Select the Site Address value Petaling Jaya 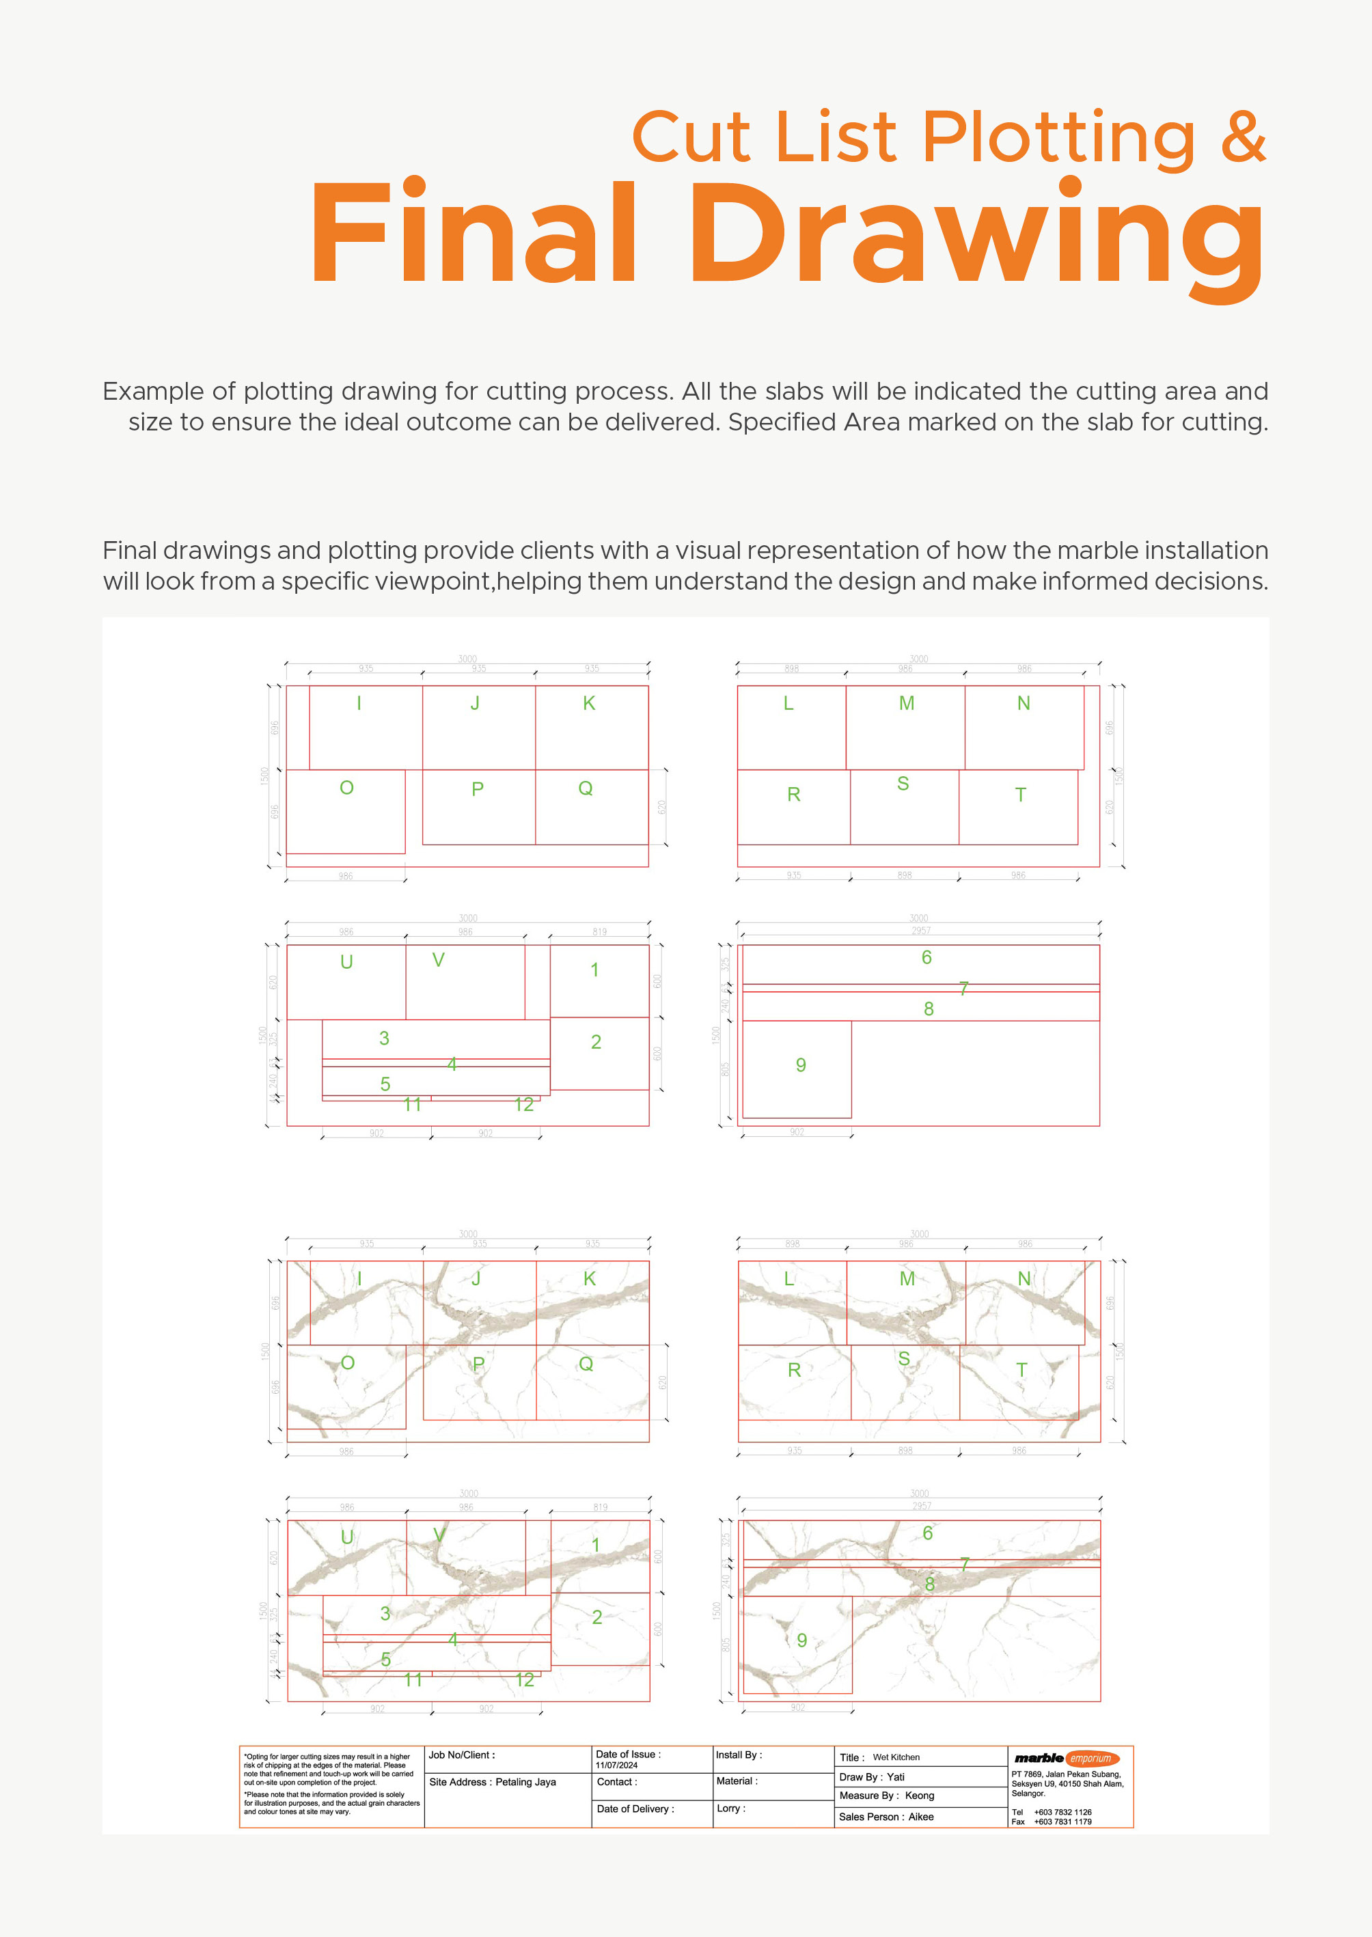tap(525, 1782)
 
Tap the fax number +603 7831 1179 tap(1062, 1822)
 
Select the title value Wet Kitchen tap(896, 1757)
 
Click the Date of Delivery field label tap(635, 1809)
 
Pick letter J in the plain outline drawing tap(475, 703)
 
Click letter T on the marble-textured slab tap(1021, 1369)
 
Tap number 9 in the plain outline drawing tap(800, 1064)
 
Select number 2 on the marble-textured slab tap(596, 1616)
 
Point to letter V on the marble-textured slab tap(439, 1535)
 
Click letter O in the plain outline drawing tap(346, 787)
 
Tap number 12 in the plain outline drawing tap(524, 1104)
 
